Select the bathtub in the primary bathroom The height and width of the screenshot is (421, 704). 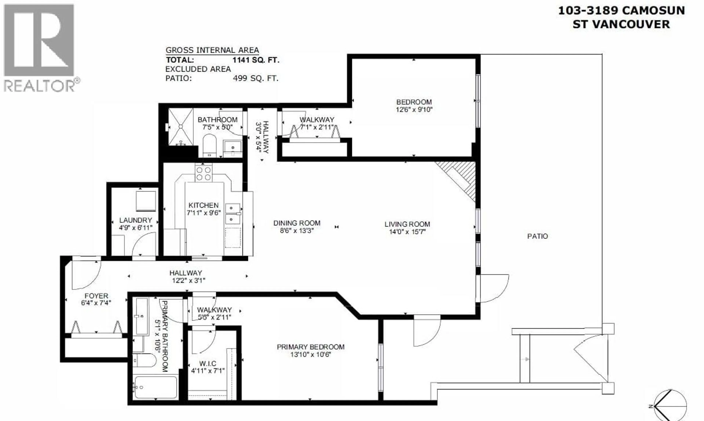(156, 387)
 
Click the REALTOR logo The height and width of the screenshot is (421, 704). (40, 48)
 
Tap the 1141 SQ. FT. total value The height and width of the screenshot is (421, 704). (256, 60)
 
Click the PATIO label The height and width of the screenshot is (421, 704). (537, 236)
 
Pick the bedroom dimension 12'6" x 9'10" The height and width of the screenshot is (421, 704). (414, 110)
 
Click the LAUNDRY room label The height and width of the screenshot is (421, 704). (135, 220)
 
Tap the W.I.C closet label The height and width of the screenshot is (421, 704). (208, 363)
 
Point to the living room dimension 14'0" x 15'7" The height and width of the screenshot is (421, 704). (407, 232)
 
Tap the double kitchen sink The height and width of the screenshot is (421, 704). (233, 213)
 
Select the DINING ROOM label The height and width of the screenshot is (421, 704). (297, 223)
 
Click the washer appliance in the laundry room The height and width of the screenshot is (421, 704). (146, 201)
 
